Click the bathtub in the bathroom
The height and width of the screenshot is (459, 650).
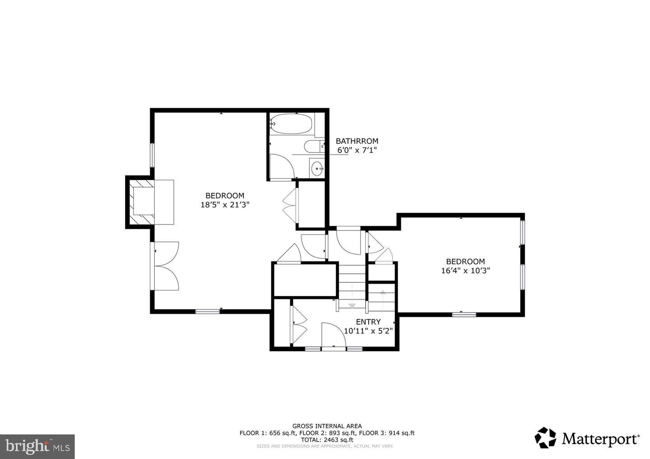click(291, 124)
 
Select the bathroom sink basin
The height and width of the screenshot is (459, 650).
click(317, 168)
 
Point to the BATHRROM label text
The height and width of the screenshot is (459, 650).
click(357, 141)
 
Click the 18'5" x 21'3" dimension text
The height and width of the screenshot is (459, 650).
click(225, 205)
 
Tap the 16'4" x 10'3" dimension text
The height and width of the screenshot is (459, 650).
click(465, 271)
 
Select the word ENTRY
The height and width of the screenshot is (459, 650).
click(368, 321)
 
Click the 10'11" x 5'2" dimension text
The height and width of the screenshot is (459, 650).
click(368, 330)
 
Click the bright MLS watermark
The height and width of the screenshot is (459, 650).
click(37, 446)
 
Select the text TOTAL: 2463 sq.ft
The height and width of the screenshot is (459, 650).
click(327, 440)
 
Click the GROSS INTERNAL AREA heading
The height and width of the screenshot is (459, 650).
click(327, 426)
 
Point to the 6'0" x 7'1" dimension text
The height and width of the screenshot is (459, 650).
click(357, 150)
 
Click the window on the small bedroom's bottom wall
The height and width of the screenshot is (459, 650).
click(464, 314)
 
